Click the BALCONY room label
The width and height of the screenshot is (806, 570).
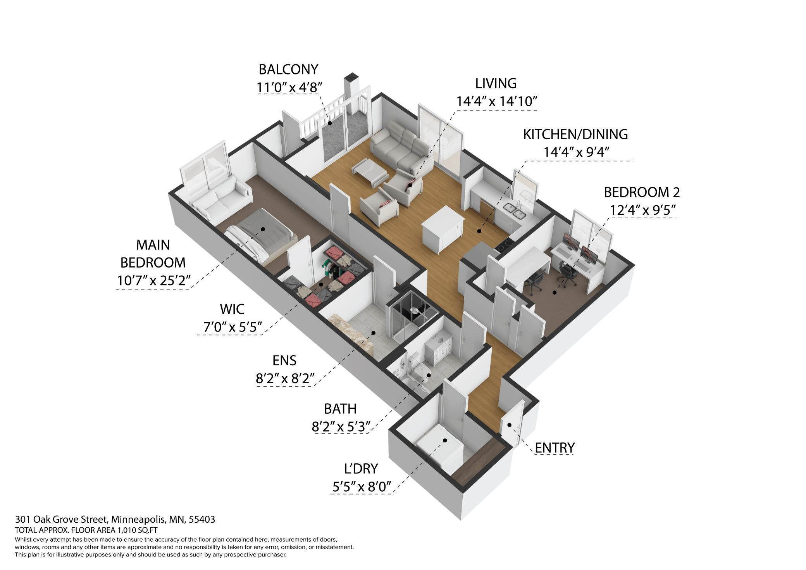(288, 69)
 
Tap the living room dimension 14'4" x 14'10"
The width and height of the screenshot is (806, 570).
(496, 102)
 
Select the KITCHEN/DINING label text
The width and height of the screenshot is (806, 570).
(575, 134)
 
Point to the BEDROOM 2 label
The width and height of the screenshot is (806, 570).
(642, 192)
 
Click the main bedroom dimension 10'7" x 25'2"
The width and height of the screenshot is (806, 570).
(153, 280)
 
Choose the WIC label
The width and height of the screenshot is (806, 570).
(232, 309)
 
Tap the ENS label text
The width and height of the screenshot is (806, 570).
(284, 361)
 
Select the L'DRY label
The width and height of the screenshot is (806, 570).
(361, 469)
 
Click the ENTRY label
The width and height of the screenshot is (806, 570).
(554, 448)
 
